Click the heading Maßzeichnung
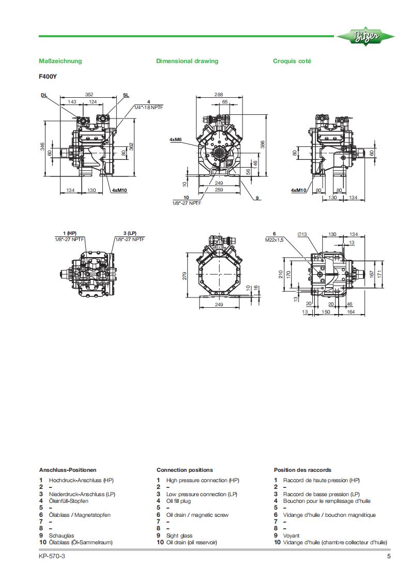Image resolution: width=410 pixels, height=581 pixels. coord(60,61)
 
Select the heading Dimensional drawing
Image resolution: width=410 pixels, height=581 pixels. coord(187,61)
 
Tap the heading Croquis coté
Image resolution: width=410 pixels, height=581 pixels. coord(292,61)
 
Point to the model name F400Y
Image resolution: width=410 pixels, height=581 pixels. coord(48,76)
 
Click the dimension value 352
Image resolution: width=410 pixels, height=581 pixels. coord(89,95)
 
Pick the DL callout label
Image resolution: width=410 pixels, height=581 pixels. coord(44,95)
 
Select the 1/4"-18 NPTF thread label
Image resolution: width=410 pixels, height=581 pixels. coord(148,107)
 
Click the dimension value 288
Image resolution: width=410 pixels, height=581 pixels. coord(218,95)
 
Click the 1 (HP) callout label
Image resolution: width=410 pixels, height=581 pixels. coord(69,234)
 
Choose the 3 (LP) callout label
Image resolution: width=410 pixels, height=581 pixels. coord(130,234)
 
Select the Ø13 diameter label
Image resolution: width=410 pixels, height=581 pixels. coord(302,234)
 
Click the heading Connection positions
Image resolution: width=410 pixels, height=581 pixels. coord(185,470)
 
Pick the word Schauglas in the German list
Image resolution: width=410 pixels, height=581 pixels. coord(60,535)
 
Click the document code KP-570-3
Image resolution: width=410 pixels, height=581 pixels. coord(52,557)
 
